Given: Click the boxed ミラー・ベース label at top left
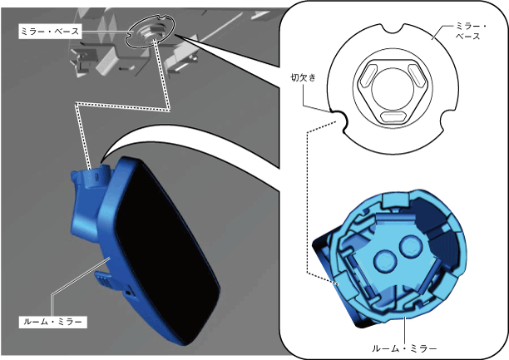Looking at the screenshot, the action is [x=50, y=31].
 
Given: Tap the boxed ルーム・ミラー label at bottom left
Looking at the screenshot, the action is [x=53, y=322].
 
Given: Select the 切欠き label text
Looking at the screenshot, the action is [x=303, y=77].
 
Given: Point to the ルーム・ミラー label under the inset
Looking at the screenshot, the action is [x=404, y=349].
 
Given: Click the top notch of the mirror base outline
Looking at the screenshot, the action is [x=393, y=28].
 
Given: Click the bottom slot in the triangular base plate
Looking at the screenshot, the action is [x=393, y=116].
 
